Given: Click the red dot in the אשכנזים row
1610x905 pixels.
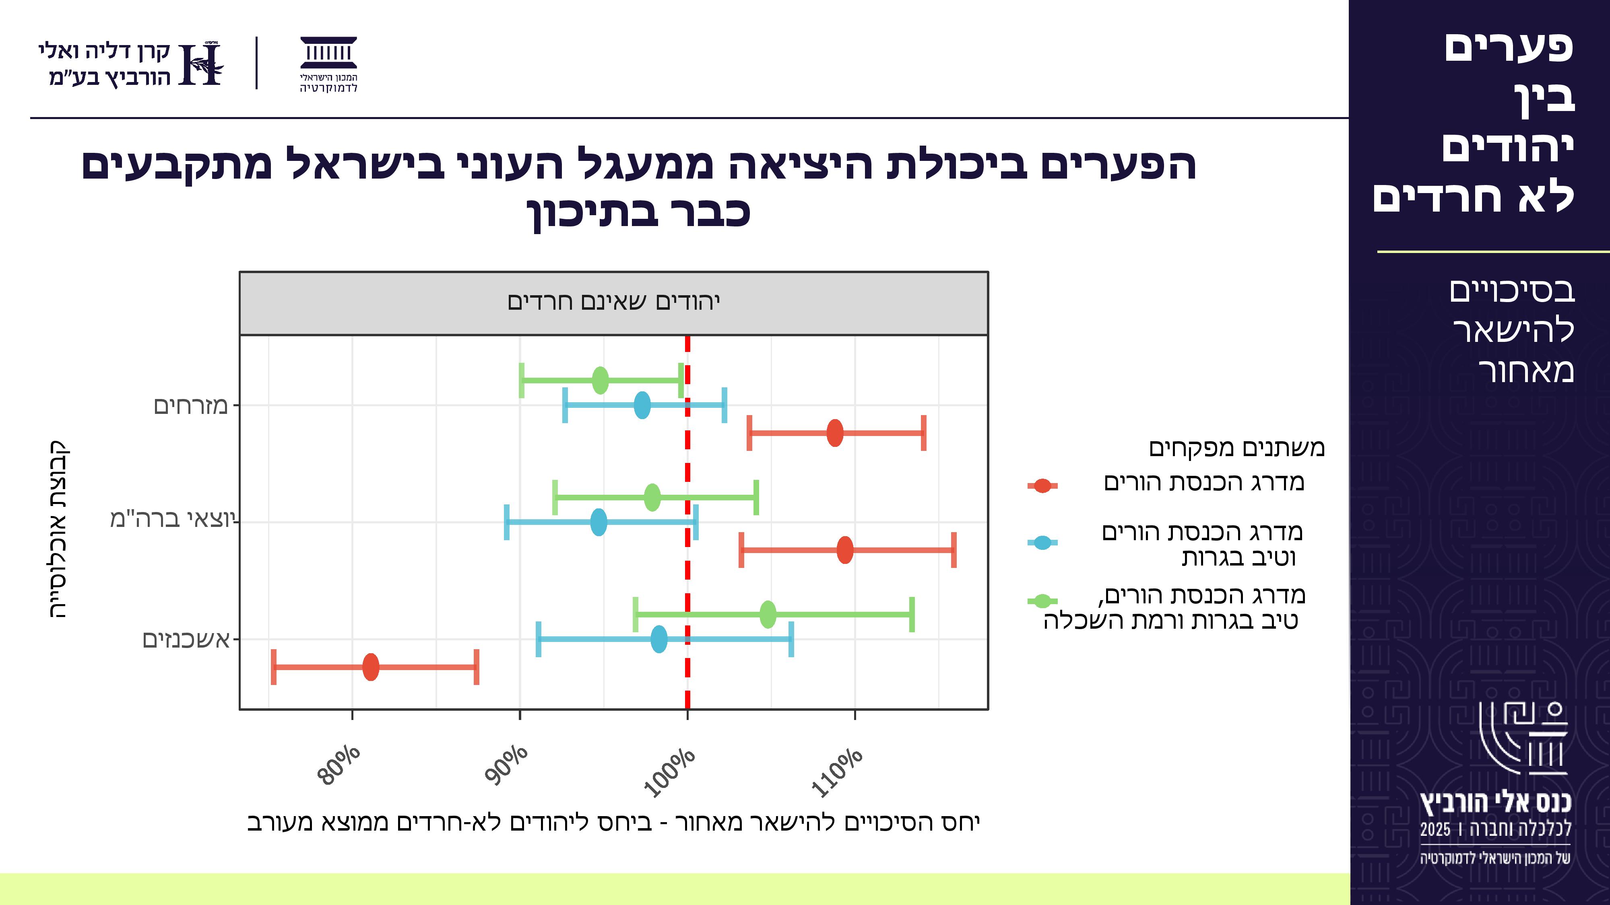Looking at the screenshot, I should coord(371,667).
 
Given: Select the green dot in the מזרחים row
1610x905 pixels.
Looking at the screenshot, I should coord(600,381).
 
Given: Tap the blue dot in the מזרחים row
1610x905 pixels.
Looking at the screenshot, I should coord(642,406).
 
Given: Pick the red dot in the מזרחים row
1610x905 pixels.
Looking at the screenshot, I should coord(835,433).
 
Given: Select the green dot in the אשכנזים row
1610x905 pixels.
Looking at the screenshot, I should coord(768,615).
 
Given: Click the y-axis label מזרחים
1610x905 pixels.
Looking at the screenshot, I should coord(191,406).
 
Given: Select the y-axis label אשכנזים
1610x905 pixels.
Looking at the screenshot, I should coord(186,640).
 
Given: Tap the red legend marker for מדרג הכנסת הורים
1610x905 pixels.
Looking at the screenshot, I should coord(1042,485).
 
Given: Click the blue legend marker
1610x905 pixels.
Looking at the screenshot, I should coord(1042,543).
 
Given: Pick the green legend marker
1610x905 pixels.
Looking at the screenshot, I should coord(1042,601).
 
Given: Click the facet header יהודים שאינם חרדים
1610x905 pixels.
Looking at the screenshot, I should coord(614,302).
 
